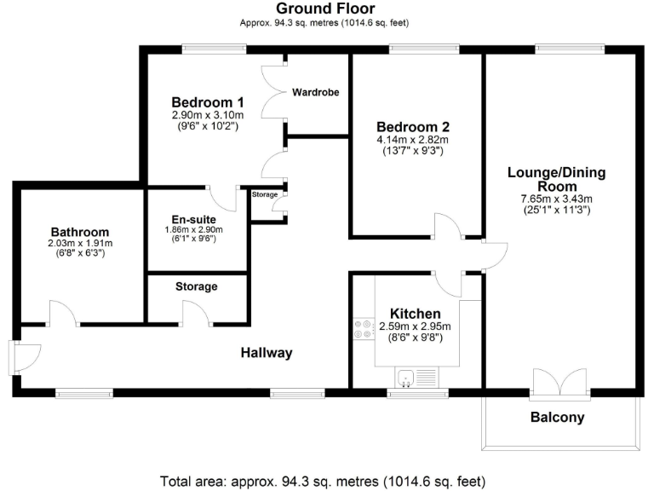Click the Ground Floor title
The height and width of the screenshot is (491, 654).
325,9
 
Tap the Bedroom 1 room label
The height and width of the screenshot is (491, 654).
207,101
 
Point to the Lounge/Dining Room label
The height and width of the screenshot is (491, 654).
556,179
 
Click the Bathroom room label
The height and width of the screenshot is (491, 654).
80,232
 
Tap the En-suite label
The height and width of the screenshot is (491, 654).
197,220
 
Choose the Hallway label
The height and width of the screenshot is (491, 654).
266,353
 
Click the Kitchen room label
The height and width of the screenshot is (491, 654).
415,313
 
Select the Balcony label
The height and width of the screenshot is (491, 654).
558,418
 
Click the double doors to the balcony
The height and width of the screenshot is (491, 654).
558,383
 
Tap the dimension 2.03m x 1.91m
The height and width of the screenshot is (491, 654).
80,243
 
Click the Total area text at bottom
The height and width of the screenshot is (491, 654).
326,479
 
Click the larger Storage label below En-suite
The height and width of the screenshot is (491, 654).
197,286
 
